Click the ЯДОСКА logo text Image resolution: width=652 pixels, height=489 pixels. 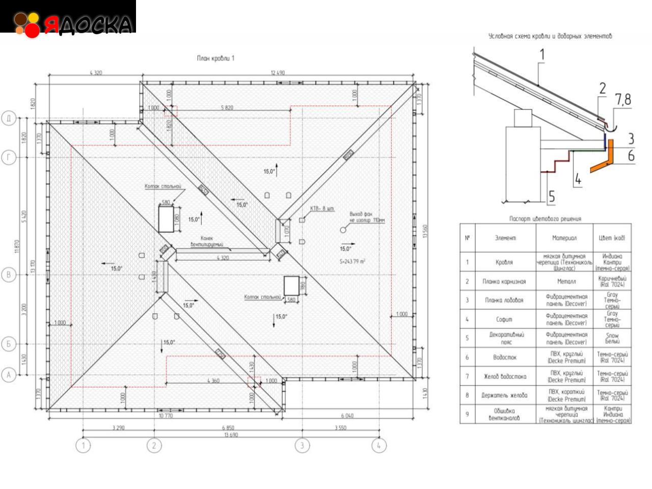coord(88,24)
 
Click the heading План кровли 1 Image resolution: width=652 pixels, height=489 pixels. coord(215,59)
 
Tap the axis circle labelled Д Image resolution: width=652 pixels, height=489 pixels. coord(9,119)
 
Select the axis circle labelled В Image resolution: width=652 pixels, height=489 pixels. coord(9,275)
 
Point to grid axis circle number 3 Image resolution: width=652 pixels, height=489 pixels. coord(302,446)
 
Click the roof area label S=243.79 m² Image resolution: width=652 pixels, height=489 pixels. coord(352,261)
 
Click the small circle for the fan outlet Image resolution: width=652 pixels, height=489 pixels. coord(343,230)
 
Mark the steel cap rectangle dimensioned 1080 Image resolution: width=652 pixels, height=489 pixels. coord(166,220)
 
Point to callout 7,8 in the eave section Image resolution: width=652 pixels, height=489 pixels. coord(622,100)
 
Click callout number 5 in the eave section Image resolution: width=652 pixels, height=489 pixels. coord(552,196)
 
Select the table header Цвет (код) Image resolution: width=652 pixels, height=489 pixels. coord(612,238)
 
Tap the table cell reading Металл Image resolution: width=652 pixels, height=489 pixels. coord(564,281)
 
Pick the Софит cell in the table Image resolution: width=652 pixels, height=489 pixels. coord(504,319)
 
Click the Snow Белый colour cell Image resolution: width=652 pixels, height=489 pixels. coord(612,339)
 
